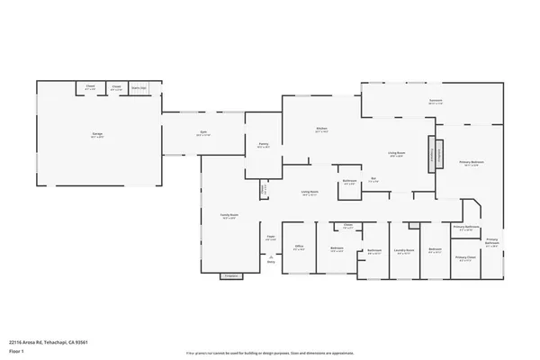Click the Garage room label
tap(96, 134)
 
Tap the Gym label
tap(204, 134)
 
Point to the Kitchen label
tap(320, 129)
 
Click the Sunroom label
tap(436, 102)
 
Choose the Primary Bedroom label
tap(468, 163)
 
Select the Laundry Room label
tap(404, 251)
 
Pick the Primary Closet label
tap(465, 258)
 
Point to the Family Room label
tap(229, 216)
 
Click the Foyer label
tap(270, 238)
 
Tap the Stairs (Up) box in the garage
tap(139, 88)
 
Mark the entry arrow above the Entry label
tap(271, 256)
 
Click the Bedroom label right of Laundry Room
tap(435, 249)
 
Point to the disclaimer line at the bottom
tap(270, 355)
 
